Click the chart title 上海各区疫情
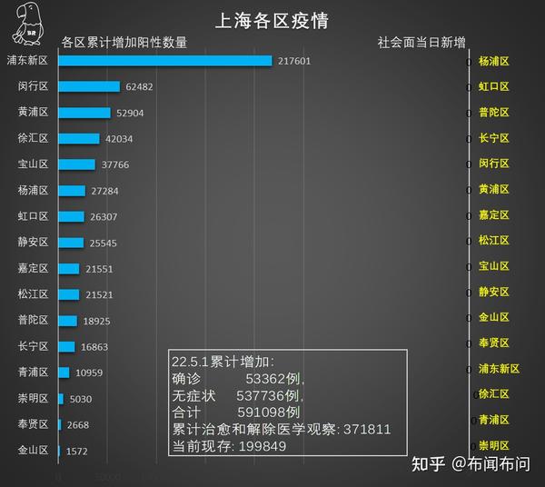click(x=271, y=20)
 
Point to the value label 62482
click(x=141, y=87)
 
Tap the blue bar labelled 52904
click(x=84, y=113)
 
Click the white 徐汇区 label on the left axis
click(x=33, y=139)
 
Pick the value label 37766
click(x=116, y=165)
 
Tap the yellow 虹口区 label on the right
click(x=493, y=86)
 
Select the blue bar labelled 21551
click(x=69, y=269)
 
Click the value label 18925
click(x=96, y=322)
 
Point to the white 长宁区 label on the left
click(x=33, y=347)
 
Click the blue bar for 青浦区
click(x=64, y=373)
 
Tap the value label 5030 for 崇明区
click(x=82, y=399)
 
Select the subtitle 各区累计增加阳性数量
click(x=124, y=42)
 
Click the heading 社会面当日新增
click(x=421, y=42)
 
